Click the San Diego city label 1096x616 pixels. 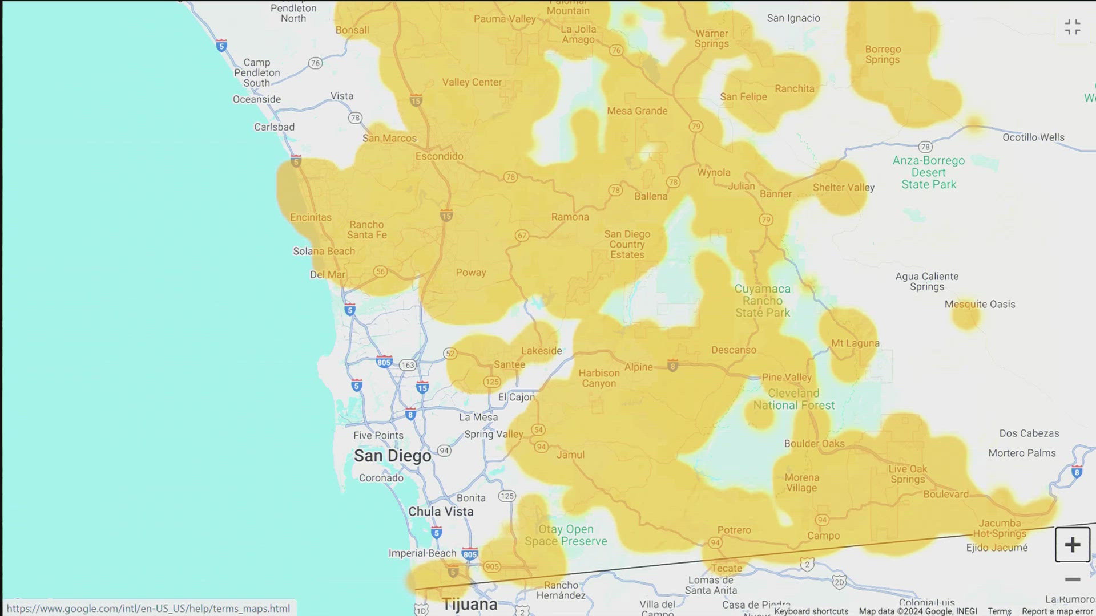pyautogui.click(x=392, y=456)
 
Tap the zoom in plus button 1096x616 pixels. pyautogui.click(x=1072, y=545)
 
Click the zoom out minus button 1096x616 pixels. pyautogui.click(x=1072, y=579)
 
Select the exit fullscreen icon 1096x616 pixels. pyautogui.click(x=1072, y=27)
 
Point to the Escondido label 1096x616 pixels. pyautogui.click(x=439, y=156)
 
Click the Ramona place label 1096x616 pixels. pyautogui.click(x=570, y=217)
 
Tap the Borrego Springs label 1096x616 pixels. pyautogui.click(x=883, y=55)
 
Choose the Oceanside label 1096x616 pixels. pyautogui.click(x=256, y=99)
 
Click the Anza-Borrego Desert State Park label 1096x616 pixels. pyautogui.click(x=928, y=172)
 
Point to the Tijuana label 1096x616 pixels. pyautogui.click(x=469, y=604)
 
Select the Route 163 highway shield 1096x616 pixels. pyautogui.click(x=407, y=365)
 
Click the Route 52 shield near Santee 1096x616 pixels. pyautogui.click(x=450, y=354)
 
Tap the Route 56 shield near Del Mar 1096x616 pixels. pyautogui.click(x=380, y=272)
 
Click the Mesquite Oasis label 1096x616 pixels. pyautogui.click(x=980, y=305)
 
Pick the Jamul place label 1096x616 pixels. pyautogui.click(x=570, y=455)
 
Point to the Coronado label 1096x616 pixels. pyautogui.click(x=381, y=478)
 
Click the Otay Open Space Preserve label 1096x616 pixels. pyautogui.click(x=566, y=536)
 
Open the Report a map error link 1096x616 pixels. pyautogui.click(x=1057, y=611)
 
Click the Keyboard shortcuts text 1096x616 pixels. pyautogui.click(x=811, y=611)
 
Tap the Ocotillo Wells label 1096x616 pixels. pyautogui.click(x=1033, y=137)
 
